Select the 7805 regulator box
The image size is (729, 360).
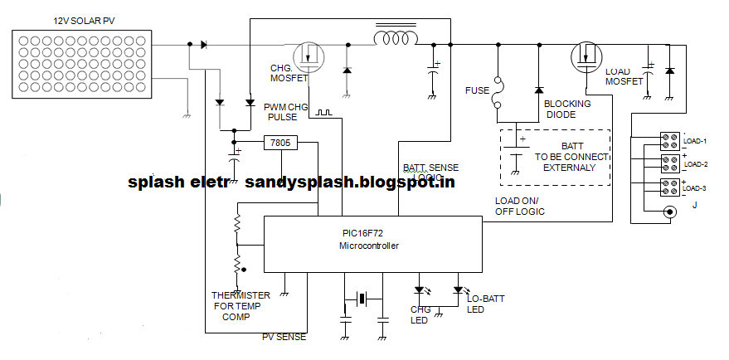coord(279,143)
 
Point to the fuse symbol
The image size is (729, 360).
coord(498,92)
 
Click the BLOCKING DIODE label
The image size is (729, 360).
coord(567,109)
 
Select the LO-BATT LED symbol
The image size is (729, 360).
coord(458,291)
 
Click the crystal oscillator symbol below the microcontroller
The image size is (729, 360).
coord(362,297)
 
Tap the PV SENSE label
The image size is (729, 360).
coord(284,337)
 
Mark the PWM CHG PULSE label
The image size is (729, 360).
coord(287,112)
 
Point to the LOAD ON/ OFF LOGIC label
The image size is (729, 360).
coord(519,207)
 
